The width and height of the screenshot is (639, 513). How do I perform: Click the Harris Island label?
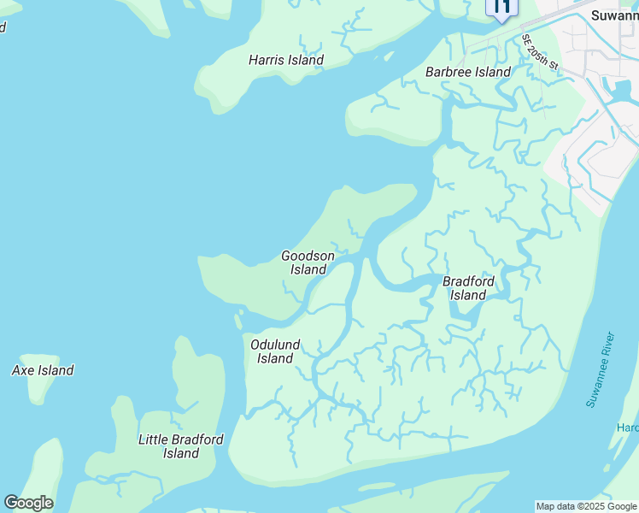point(285,60)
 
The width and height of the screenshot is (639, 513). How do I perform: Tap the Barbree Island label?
point(467,72)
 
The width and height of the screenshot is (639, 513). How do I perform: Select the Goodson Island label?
point(308,262)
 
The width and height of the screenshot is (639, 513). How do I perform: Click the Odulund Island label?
point(275,351)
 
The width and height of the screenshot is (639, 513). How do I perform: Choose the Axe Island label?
point(43,370)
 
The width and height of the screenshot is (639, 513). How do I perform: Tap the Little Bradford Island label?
point(181,446)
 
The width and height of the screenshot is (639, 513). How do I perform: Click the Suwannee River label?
point(600,369)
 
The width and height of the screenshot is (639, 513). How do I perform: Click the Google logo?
point(28,503)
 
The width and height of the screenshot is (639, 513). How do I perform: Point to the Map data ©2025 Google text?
point(586,506)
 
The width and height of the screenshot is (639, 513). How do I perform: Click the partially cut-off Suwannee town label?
point(614,15)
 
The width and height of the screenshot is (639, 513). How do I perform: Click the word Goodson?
point(308,256)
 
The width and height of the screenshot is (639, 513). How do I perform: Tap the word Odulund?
point(275,345)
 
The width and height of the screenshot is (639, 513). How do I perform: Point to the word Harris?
point(267,60)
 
